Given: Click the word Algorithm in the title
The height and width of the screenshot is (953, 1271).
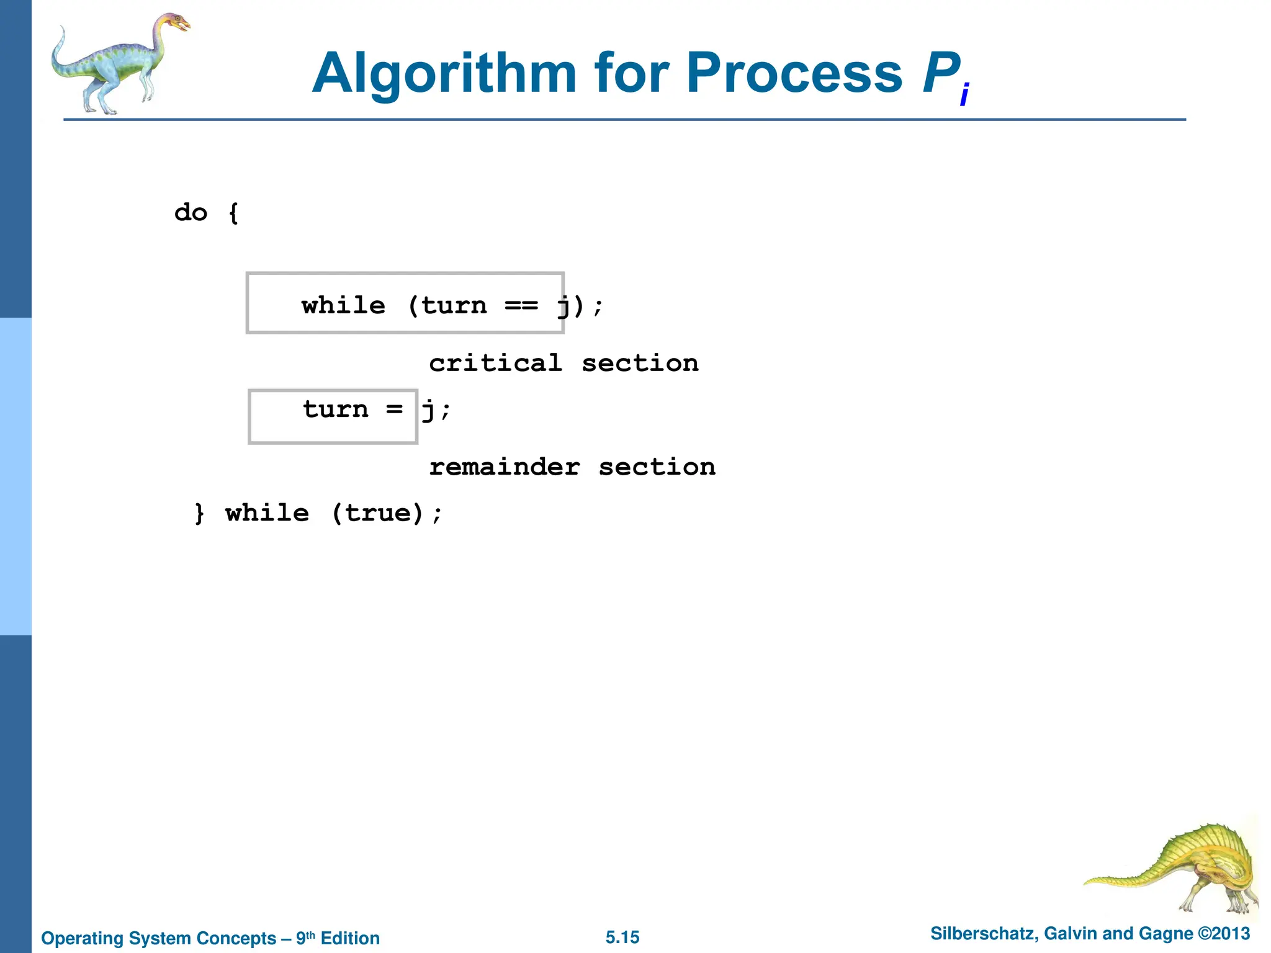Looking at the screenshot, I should click(x=444, y=74).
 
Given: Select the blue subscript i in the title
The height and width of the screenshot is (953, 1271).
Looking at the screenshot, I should click(x=964, y=95).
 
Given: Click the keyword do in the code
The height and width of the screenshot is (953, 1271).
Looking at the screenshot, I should click(x=191, y=213).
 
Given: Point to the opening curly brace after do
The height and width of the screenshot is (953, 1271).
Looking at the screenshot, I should click(x=233, y=213).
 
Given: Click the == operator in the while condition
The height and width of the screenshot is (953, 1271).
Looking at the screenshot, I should click(x=521, y=305).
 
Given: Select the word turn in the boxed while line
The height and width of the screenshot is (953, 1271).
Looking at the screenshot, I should click(x=454, y=305).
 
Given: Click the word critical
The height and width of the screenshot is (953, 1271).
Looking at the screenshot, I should click(x=495, y=364).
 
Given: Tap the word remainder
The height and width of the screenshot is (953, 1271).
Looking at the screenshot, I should click(x=504, y=467).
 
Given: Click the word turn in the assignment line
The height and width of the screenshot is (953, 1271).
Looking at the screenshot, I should click(x=336, y=409).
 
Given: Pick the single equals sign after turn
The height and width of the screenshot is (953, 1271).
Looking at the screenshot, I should click(x=394, y=409).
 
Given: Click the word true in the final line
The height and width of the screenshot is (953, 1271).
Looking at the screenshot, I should click(x=377, y=513).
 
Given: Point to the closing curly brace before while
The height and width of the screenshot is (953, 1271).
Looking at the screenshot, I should click(x=199, y=513).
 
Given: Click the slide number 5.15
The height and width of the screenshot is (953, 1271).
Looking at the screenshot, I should click(x=622, y=937).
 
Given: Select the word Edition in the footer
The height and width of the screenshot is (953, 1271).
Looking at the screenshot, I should click(x=350, y=938).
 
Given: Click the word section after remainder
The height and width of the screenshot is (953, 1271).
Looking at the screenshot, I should click(x=657, y=467).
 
